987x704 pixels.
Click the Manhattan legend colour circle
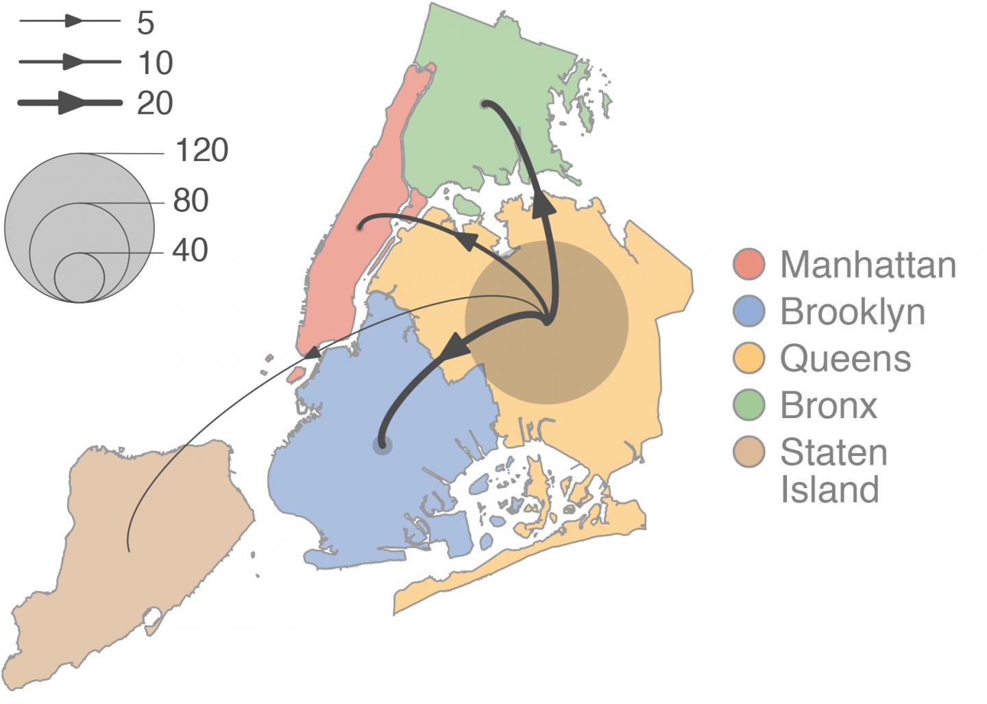pyautogui.click(x=748, y=265)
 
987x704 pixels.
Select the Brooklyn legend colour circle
pyautogui.click(x=748, y=312)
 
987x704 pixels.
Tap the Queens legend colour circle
pyautogui.click(x=748, y=359)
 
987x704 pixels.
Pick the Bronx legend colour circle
pyautogui.click(x=748, y=405)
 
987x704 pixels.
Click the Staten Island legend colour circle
pyautogui.click(x=748, y=452)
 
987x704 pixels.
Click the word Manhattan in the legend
pyautogui.click(x=868, y=265)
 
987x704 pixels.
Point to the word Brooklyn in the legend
pyautogui.click(x=853, y=312)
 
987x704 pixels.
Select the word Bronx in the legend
pyautogui.click(x=829, y=405)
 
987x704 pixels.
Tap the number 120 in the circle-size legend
pyautogui.click(x=202, y=150)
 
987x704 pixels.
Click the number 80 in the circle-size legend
pyautogui.click(x=191, y=200)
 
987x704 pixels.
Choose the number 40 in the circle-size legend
pyautogui.click(x=190, y=250)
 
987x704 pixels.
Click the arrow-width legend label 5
pyautogui.click(x=145, y=23)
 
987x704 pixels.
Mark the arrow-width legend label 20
pyautogui.click(x=155, y=104)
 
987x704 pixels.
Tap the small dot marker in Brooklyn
pyautogui.click(x=382, y=445)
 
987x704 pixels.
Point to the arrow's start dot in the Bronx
pyautogui.click(x=485, y=104)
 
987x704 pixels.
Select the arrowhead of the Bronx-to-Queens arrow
pyautogui.click(x=544, y=206)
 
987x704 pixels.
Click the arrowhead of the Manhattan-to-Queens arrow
pyautogui.click(x=467, y=241)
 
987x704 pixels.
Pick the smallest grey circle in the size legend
pyautogui.click(x=80, y=278)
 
